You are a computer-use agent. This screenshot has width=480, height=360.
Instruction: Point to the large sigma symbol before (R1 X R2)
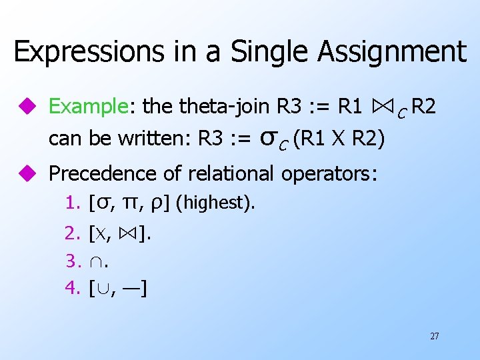[x=267, y=139]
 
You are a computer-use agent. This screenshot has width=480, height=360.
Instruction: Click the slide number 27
[x=434, y=336]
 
